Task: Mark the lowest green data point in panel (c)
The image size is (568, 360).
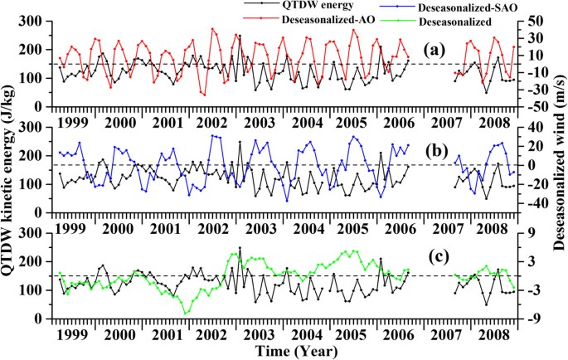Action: pos(187,313)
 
